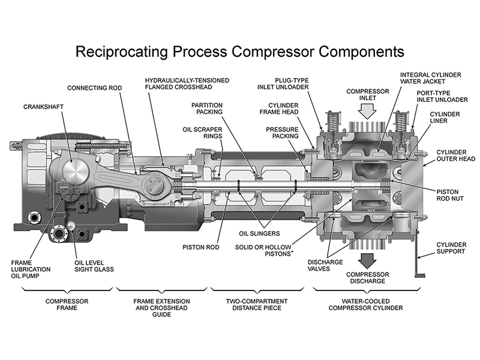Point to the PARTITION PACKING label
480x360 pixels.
(207, 107)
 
